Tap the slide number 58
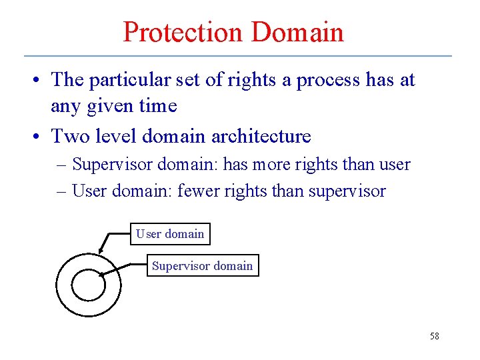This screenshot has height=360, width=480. point(434,336)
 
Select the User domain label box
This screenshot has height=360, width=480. point(170,234)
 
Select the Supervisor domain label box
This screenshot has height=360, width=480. point(202,266)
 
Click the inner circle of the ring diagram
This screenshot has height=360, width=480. point(88,285)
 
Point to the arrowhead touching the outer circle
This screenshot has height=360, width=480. point(101,251)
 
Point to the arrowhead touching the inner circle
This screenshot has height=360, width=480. point(101,273)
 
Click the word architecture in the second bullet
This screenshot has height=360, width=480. point(261,137)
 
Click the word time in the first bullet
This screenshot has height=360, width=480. point(157,105)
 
